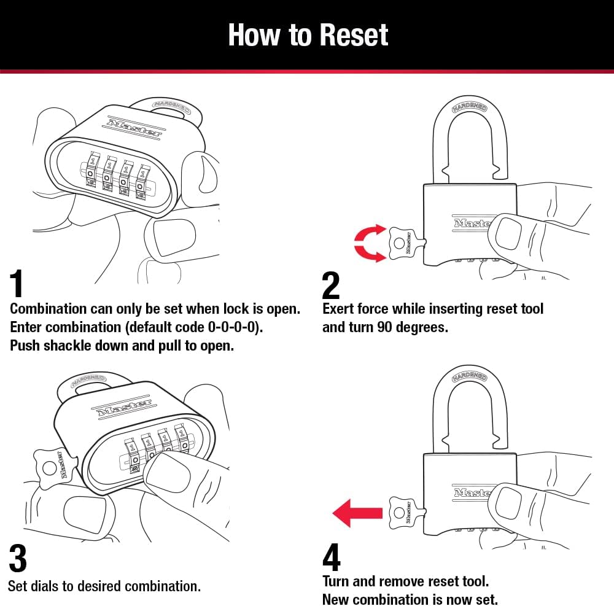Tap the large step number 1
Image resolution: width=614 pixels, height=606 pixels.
point(18,284)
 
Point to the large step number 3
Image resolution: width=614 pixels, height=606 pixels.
point(18,558)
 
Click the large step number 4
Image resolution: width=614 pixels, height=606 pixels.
point(332,558)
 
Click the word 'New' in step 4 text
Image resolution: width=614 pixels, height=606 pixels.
point(336,599)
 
